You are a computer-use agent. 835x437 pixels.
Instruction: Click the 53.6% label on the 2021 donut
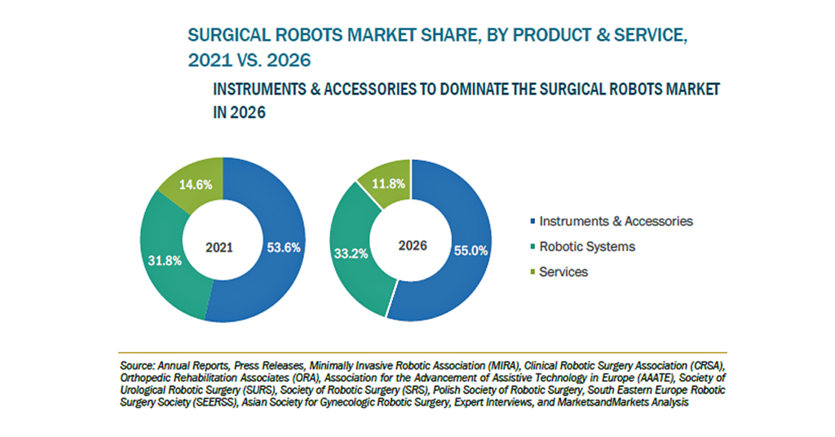283,248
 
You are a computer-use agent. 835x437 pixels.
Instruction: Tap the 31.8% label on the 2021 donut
165,261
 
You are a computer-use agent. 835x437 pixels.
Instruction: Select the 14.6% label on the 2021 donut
196,185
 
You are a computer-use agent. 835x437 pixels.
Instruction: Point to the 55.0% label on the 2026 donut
471,250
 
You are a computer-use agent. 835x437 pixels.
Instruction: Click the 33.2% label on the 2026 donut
351,254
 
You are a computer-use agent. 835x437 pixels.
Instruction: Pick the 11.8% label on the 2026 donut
388,184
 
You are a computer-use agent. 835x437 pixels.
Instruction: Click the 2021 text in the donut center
219,248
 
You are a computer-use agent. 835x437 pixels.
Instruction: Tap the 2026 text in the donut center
413,245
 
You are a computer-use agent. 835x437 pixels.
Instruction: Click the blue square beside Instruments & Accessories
532,221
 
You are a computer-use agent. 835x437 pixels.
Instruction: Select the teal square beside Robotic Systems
532,246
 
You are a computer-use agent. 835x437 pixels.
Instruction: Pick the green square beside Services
532,272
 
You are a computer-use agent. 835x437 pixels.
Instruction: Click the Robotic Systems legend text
587,246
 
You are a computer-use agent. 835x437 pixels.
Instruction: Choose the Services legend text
563,272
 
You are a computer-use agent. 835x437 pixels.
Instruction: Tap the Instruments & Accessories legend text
616,221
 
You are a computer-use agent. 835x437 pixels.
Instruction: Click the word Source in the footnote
137,366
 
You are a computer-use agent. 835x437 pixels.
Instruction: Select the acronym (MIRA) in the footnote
502,366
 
